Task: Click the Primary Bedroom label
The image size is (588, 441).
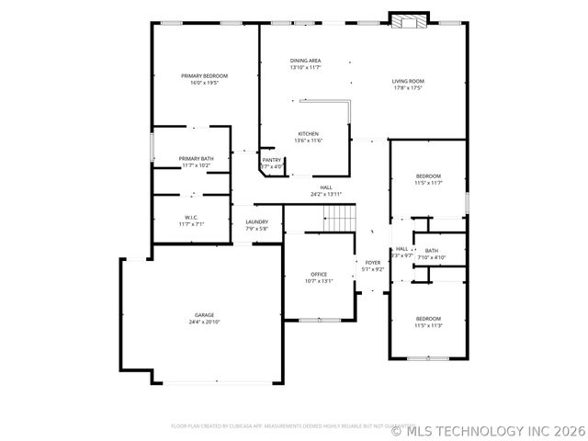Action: [x=204, y=75]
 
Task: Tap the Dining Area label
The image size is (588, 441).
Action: [x=305, y=61]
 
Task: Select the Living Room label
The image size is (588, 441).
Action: [x=408, y=82]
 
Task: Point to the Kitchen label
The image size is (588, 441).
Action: [x=307, y=133]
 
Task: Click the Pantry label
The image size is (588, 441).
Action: [x=272, y=160]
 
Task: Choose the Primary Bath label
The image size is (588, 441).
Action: [x=196, y=159]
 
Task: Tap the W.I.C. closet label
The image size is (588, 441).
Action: [x=191, y=217]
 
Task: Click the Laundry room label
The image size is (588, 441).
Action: [x=256, y=221]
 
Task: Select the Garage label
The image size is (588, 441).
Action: [x=204, y=315]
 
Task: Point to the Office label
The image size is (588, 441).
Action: [x=319, y=274]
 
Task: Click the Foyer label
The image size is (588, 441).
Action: [x=373, y=263]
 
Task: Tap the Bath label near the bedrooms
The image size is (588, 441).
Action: [x=432, y=251]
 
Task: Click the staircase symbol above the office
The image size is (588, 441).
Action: [x=341, y=218]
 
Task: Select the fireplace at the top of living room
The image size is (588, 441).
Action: [x=409, y=21]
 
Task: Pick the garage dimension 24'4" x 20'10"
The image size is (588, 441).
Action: [x=204, y=322]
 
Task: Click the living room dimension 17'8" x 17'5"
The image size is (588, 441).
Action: [x=408, y=88]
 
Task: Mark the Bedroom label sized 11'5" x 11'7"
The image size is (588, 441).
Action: [x=429, y=175]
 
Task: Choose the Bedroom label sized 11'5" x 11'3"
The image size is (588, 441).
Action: [x=429, y=318]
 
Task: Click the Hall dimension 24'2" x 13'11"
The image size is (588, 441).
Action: [x=326, y=194]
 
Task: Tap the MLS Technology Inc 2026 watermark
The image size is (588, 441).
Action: [x=487, y=429]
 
